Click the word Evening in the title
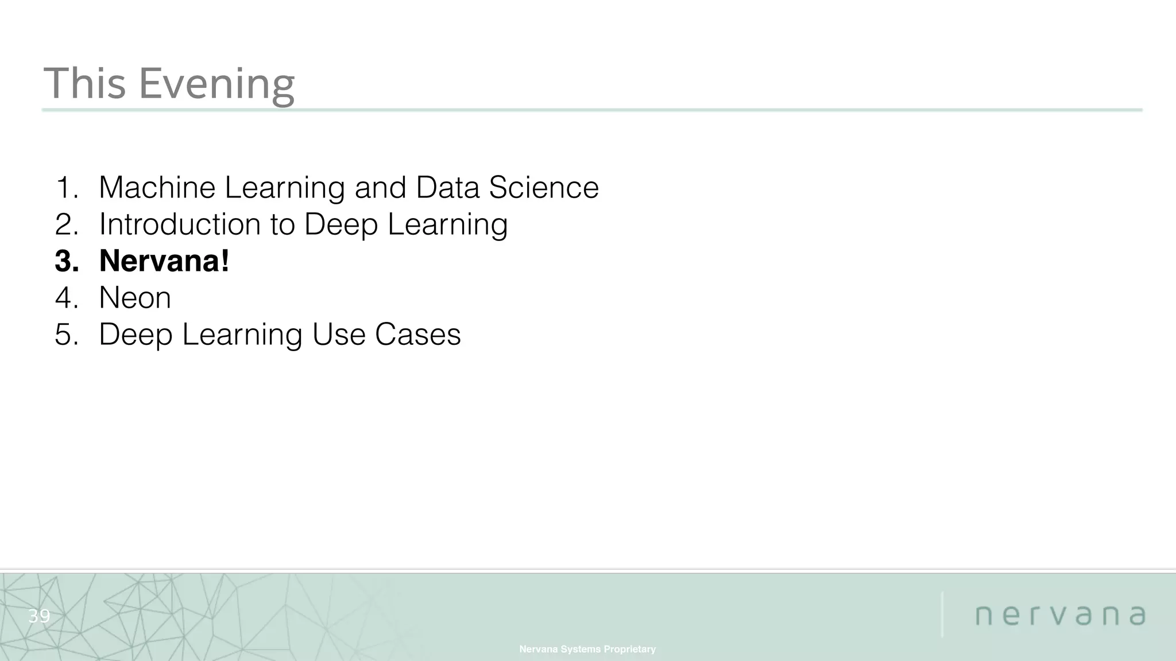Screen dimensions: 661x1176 [x=216, y=84]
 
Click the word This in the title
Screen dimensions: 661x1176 [x=84, y=84]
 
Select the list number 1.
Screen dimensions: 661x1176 [x=66, y=188]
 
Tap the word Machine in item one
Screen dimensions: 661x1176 [x=157, y=188]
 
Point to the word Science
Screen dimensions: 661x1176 [x=543, y=188]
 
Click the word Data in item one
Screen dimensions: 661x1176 [x=447, y=188]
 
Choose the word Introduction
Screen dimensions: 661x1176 [x=180, y=224]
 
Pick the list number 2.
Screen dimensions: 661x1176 [x=66, y=224]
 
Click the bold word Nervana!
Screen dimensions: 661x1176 [x=164, y=261]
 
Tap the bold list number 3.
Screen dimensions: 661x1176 [x=66, y=261]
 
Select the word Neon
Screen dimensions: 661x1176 [x=135, y=298]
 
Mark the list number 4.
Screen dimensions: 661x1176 [x=66, y=298]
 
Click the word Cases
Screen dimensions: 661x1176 [x=417, y=335]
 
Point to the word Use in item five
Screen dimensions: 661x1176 [x=338, y=335]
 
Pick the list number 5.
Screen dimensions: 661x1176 [x=66, y=335]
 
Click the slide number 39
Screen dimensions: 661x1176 [x=39, y=616]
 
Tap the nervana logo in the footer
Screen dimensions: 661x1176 [x=1060, y=616]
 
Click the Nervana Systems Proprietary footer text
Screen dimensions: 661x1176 [x=587, y=649]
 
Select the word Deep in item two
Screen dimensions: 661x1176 [x=341, y=224]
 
